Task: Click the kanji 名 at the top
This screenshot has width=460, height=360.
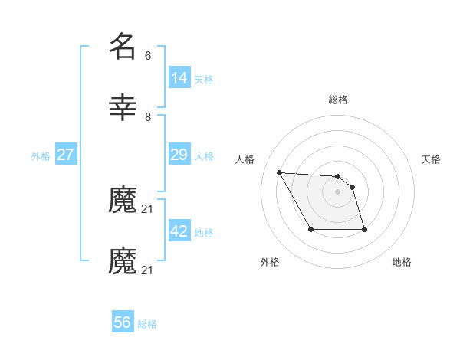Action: [123, 47]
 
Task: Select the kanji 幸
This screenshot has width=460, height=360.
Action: [123, 108]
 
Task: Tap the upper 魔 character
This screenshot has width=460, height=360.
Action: [123, 201]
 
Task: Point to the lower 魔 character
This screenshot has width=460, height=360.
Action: [123, 261]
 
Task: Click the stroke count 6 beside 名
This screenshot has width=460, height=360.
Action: [147, 56]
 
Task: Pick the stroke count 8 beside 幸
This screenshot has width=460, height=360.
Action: [147, 116]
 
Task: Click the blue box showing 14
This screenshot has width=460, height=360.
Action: [179, 78]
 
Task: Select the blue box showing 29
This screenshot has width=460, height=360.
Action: [179, 155]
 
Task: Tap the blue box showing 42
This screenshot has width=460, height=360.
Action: [179, 231]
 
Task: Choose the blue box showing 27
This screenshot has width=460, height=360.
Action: [66, 155]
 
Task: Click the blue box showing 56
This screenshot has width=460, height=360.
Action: [123, 322]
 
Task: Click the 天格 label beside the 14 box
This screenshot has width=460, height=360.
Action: [204, 80]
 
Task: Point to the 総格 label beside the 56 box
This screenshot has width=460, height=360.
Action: [147, 324]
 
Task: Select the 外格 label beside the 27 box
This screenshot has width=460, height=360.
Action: [41, 156]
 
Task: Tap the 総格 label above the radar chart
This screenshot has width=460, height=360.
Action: [338, 100]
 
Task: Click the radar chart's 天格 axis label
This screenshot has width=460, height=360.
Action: [432, 159]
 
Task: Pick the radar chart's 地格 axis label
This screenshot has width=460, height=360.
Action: [402, 262]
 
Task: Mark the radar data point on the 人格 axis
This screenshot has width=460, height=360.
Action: [279, 172]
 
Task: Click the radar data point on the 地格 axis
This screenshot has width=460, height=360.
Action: [364, 229]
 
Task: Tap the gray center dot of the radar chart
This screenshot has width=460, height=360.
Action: [338, 191]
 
